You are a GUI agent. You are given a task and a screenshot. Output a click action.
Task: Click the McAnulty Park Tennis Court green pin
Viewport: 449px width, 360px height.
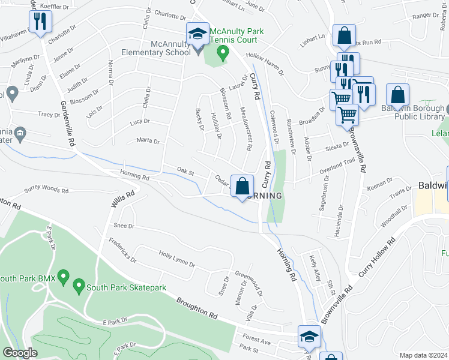pyautogui.click(x=223, y=53)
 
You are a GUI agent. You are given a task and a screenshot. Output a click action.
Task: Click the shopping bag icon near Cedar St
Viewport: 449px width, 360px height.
pyautogui.click(x=243, y=187)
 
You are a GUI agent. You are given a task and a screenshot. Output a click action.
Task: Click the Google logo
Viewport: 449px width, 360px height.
pyautogui.click(x=20, y=353)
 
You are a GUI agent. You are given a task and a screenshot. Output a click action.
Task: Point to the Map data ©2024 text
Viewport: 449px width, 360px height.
pyautogui.click(x=423, y=355)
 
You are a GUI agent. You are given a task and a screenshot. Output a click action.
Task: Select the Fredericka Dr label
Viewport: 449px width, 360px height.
pyautogui.click(x=122, y=252)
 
